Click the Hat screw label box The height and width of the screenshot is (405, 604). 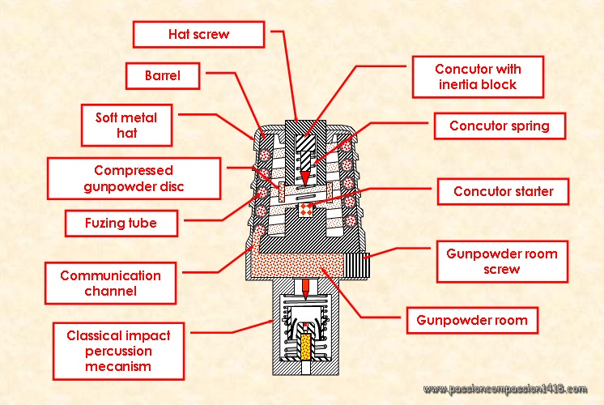tap(198, 34)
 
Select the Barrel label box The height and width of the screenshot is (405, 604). tap(162, 77)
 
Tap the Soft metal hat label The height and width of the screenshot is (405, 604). tap(121, 125)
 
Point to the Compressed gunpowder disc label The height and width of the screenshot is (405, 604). tap(134, 179)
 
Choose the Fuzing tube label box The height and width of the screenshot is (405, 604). tap(121, 221)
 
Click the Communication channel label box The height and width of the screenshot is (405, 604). tap(110, 283)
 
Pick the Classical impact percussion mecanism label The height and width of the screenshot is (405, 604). tap(119, 347)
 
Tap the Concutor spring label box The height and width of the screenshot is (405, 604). tap(499, 126)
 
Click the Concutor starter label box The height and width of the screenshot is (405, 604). tap(503, 192)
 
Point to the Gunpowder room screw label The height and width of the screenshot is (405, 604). tap(502, 261)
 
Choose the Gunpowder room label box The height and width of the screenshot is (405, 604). tap(471, 320)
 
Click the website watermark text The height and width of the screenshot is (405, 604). tap(504, 390)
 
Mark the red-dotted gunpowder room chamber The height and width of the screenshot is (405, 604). tap(300, 262)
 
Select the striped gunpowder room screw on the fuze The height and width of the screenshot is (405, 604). tap(357, 263)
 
